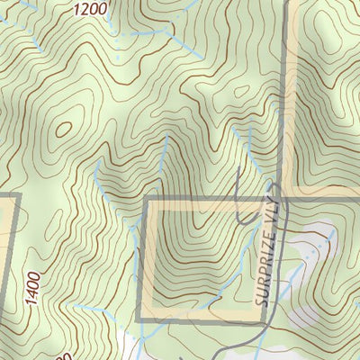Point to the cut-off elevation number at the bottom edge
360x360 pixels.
[63, 355]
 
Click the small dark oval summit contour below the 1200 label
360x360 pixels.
[63, 129]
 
